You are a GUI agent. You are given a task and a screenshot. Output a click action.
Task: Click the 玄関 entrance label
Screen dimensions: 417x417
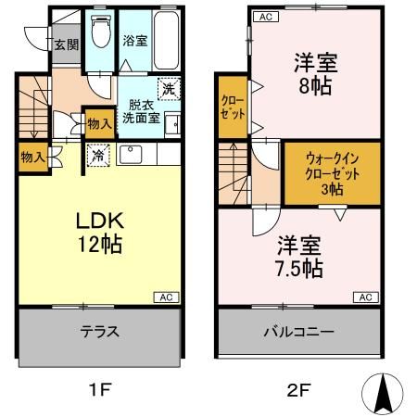point(65,44)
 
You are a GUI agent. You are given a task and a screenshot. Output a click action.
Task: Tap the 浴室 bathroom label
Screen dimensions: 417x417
point(134,41)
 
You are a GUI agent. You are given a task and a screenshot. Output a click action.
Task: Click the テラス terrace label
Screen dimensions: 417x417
point(97,332)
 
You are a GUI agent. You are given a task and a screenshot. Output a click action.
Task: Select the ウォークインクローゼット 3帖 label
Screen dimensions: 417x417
point(330,171)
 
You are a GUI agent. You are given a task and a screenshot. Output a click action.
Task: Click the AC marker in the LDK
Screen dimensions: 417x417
point(166,297)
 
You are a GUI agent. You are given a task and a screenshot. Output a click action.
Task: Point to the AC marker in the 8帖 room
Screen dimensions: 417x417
point(264,17)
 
